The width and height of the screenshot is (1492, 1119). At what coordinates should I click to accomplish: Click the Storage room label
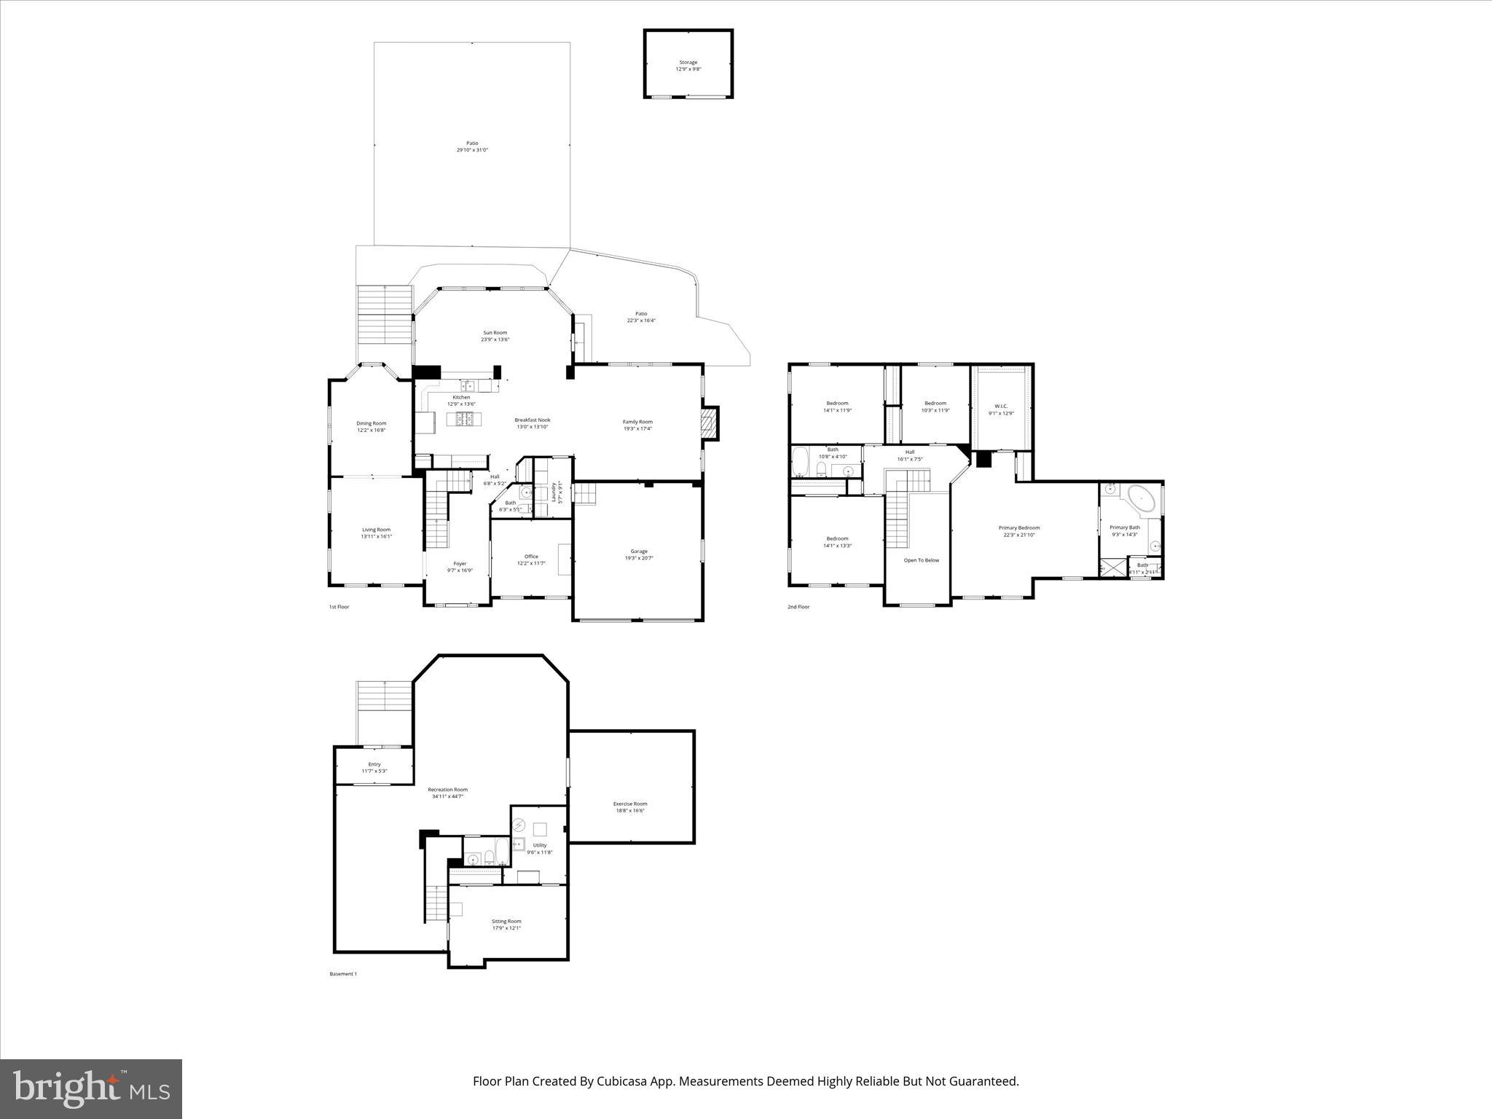tap(688, 63)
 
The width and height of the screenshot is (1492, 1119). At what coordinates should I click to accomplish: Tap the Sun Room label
tap(495, 333)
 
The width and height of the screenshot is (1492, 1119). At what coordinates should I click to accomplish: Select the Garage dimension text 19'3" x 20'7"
tap(639, 558)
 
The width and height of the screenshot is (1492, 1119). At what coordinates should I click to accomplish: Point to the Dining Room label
tap(371, 423)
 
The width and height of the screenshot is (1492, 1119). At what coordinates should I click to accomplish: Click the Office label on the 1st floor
tap(531, 557)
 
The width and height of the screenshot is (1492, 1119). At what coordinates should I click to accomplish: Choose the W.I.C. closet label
tap(1001, 407)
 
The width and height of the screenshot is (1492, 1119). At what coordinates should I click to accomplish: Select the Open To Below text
tap(922, 560)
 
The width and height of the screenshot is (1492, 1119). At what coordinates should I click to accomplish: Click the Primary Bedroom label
tap(1018, 527)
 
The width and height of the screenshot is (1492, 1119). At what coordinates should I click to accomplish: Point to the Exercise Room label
tap(630, 804)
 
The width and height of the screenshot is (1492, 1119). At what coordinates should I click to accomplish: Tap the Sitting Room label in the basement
tap(506, 921)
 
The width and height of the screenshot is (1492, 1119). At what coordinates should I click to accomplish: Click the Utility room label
tap(540, 845)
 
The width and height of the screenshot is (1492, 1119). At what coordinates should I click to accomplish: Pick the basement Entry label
tap(374, 764)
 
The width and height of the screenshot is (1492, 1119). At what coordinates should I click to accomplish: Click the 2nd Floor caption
tap(798, 607)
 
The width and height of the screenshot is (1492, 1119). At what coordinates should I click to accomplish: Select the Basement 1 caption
tap(343, 974)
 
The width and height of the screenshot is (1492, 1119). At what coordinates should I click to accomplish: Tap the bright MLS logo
tap(91, 1089)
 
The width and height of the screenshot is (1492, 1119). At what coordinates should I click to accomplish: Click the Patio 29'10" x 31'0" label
tap(472, 144)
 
